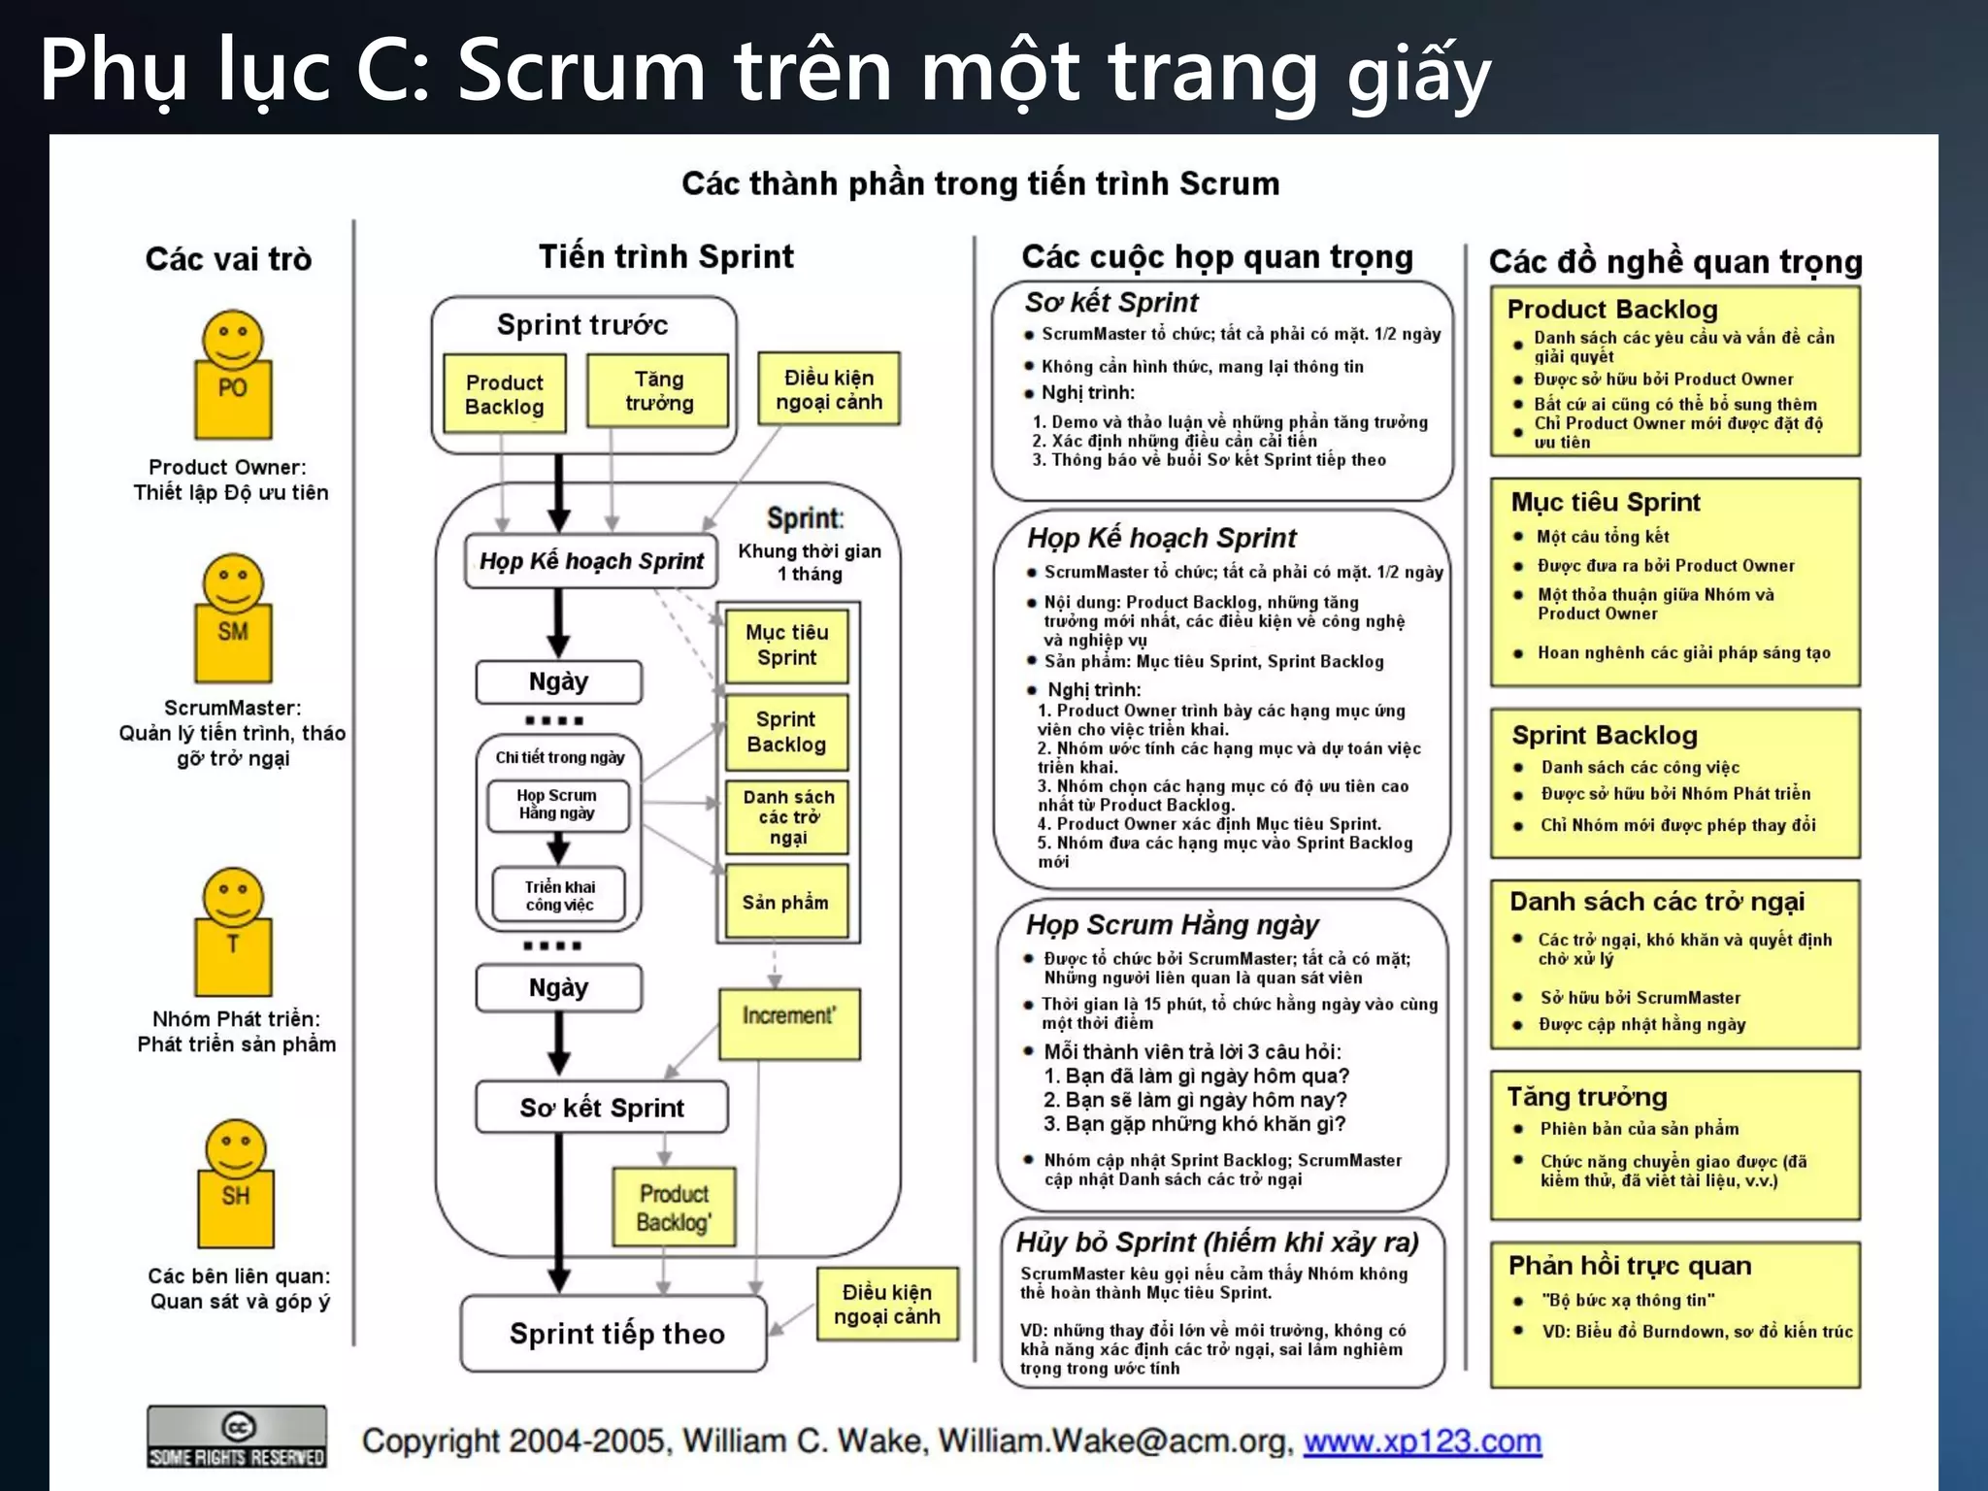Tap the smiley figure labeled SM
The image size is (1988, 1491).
233,619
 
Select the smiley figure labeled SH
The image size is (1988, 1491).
236,1184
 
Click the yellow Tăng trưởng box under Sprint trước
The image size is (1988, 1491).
658,391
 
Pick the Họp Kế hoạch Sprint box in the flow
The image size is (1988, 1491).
591,561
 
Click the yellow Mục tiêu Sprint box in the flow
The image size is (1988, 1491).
787,645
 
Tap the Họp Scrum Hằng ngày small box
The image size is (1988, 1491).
557,805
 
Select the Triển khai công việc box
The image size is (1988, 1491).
559,895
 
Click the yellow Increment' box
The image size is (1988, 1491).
789,1023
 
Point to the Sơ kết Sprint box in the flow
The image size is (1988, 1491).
602,1108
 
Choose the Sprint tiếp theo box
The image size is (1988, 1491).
615,1334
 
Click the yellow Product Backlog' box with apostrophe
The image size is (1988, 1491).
674,1208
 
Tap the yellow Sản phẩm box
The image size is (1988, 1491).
786,902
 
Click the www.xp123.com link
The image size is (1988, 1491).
1422,1441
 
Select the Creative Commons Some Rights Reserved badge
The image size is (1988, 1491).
237,1437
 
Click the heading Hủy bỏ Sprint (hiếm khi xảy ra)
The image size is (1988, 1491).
1217,1242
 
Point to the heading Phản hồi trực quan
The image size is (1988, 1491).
1630,1266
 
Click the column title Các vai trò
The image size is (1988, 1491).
229,259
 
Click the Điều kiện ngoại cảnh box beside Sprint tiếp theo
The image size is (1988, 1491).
887,1305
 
